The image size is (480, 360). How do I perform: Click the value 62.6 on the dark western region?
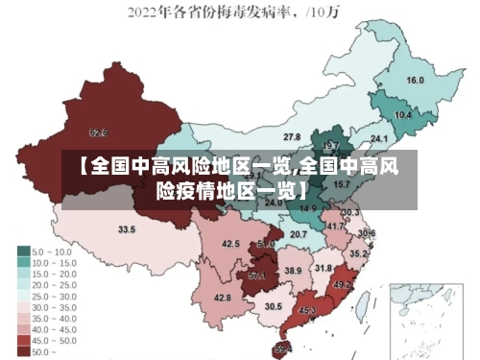98,132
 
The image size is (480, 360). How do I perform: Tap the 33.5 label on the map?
127,230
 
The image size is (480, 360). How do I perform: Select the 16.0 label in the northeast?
416,81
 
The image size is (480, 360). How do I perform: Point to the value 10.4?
403,115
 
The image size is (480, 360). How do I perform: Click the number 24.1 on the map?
379,139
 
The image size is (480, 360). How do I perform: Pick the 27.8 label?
292,137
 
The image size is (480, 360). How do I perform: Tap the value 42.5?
230,245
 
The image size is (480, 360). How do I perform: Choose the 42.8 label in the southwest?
222,299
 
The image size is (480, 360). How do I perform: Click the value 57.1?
257,276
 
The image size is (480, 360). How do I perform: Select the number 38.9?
292,272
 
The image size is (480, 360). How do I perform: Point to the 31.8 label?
324,268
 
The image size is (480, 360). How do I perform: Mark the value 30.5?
274,307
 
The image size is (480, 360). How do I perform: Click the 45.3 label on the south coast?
307,311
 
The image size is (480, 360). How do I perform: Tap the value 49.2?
342,285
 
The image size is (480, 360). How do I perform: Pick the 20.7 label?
299,234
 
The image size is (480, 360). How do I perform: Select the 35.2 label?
357,254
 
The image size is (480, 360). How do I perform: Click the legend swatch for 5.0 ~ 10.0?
23,251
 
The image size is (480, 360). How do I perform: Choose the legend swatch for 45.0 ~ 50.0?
23,341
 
